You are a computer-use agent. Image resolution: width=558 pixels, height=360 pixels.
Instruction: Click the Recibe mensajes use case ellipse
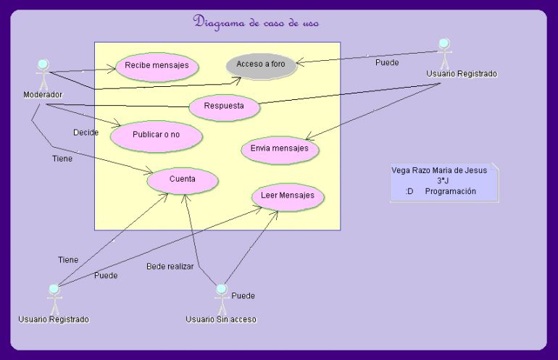point(157,67)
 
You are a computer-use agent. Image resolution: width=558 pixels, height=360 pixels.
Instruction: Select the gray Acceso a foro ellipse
point(261,65)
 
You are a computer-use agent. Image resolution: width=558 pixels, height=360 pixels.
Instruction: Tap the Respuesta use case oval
point(224,107)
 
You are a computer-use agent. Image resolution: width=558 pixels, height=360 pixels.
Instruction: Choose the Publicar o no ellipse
point(157,136)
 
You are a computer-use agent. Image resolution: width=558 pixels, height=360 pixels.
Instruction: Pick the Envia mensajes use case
point(280,150)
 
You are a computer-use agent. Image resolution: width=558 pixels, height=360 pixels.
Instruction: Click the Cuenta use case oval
point(182,180)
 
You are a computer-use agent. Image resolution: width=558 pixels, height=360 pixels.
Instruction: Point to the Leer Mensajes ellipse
point(288,197)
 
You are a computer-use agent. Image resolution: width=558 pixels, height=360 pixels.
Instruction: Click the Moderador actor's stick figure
point(43,75)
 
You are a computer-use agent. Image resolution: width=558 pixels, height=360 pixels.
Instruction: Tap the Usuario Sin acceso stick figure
point(221,299)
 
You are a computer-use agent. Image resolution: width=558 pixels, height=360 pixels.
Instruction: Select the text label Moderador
point(43,95)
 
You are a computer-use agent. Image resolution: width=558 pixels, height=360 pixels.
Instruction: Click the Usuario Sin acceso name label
point(221,319)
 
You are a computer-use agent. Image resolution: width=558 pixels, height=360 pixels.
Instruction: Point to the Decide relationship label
point(86,133)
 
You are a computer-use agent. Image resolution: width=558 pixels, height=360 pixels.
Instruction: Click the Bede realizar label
point(170,267)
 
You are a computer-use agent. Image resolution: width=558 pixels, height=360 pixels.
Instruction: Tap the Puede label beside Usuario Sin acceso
point(243,296)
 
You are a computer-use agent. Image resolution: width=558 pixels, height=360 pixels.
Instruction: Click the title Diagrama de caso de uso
point(256,22)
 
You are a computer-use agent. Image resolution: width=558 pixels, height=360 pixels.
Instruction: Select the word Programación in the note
point(451,191)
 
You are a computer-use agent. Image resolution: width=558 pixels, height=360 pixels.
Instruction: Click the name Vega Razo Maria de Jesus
point(439,170)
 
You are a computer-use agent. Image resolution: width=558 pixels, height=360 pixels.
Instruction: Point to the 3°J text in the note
point(443,180)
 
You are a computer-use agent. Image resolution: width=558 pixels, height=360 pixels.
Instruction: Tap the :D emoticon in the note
point(409,191)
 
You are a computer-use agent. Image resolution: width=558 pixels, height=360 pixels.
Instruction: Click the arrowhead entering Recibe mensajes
point(112,69)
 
